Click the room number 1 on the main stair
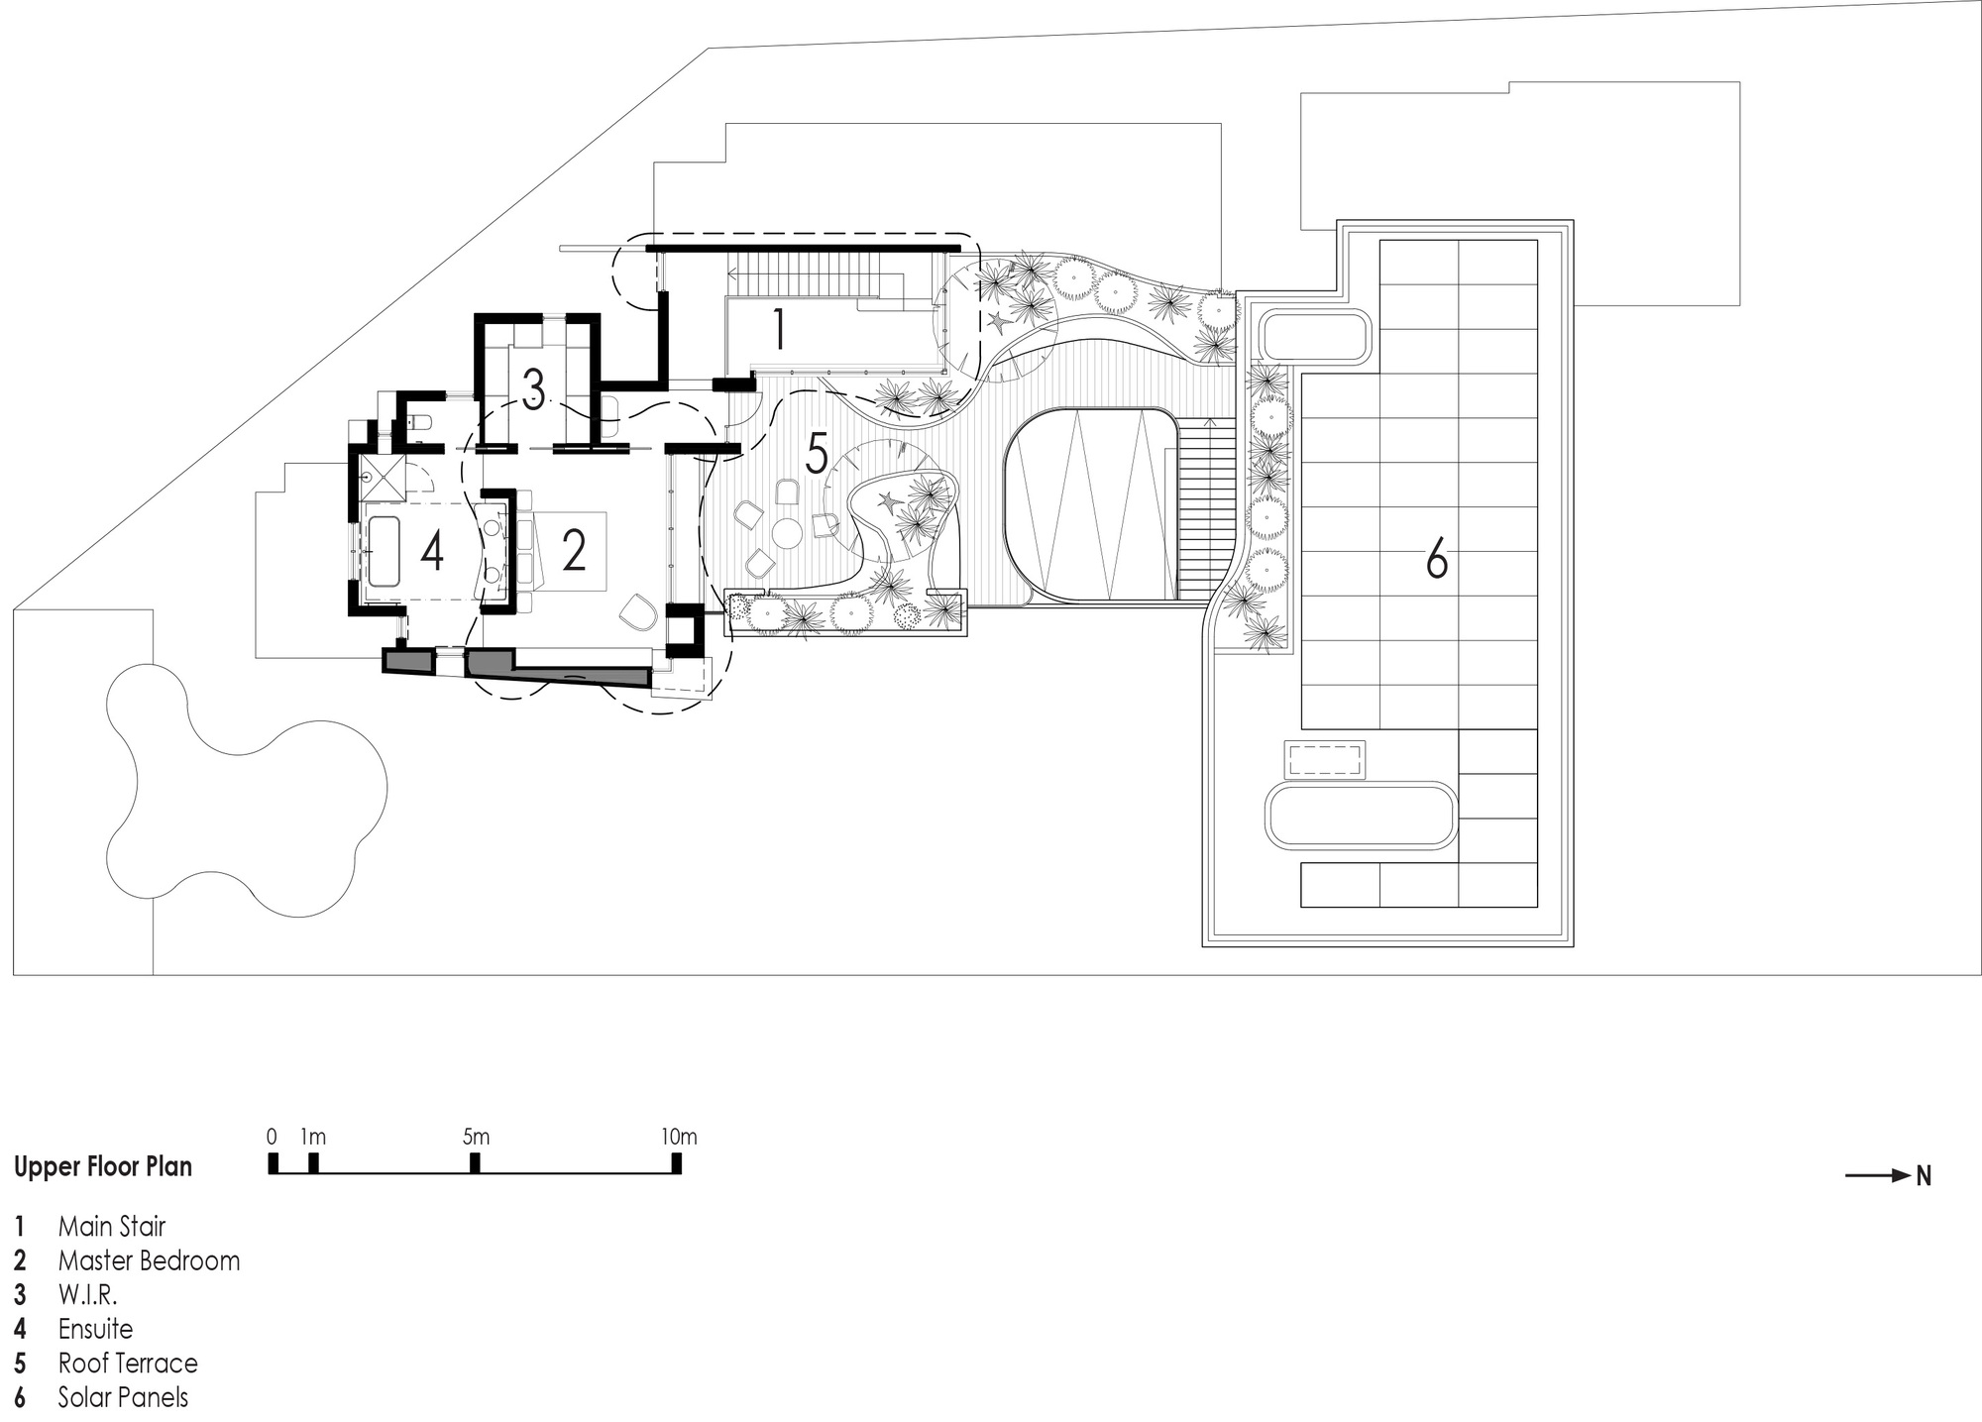tap(780, 329)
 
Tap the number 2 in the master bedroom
tap(574, 551)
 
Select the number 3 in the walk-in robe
tap(533, 390)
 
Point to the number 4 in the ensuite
tap(432, 551)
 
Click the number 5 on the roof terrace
tap(817, 454)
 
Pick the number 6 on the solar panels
tap(1436, 560)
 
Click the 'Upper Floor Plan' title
tap(103, 1167)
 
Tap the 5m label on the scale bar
tap(476, 1137)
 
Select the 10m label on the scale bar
tap(679, 1137)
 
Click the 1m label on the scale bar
tap(314, 1137)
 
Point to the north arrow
tap(1878, 1176)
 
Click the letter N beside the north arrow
tap(1924, 1176)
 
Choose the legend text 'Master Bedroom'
tap(149, 1260)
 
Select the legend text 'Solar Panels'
tap(123, 1397)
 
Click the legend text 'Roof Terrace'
tap(128, 1364)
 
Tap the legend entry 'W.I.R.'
tap(87, 1295)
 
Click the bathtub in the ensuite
tap(383, 552)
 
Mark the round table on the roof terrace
tap(788, 534)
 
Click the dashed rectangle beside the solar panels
tap(1325, 760)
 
